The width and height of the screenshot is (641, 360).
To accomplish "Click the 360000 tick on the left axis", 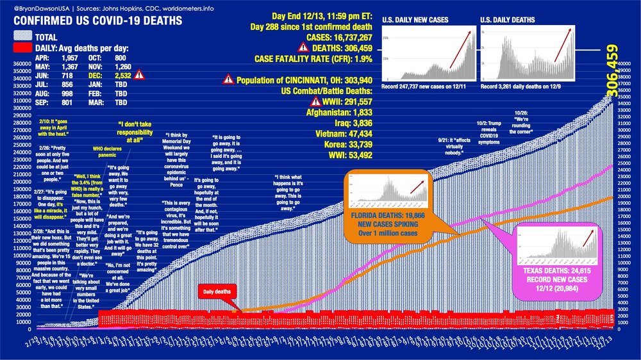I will point(13,64).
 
